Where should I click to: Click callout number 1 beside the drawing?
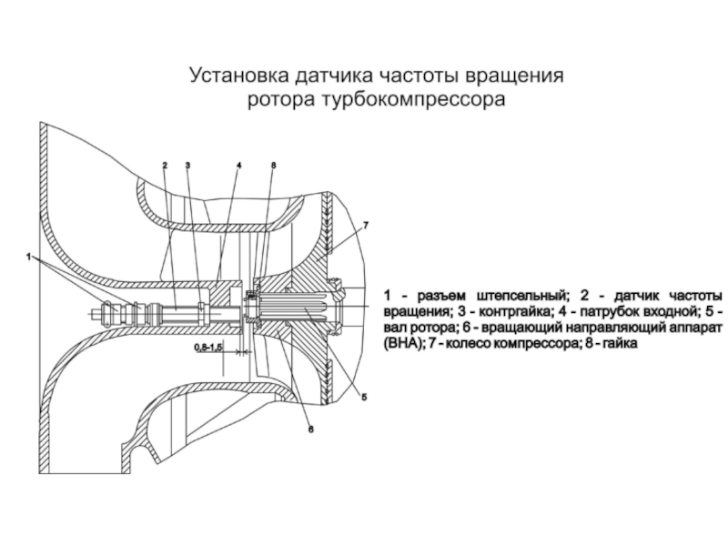coord(30,258)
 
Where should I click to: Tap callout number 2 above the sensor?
coord(165,166)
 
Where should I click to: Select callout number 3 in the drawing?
coord(187,166)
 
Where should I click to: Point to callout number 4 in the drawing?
coord(238,166)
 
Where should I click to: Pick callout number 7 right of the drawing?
coord(365,224)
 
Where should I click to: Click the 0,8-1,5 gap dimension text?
coord(208,348)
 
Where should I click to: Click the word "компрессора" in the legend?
coord(546,345)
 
